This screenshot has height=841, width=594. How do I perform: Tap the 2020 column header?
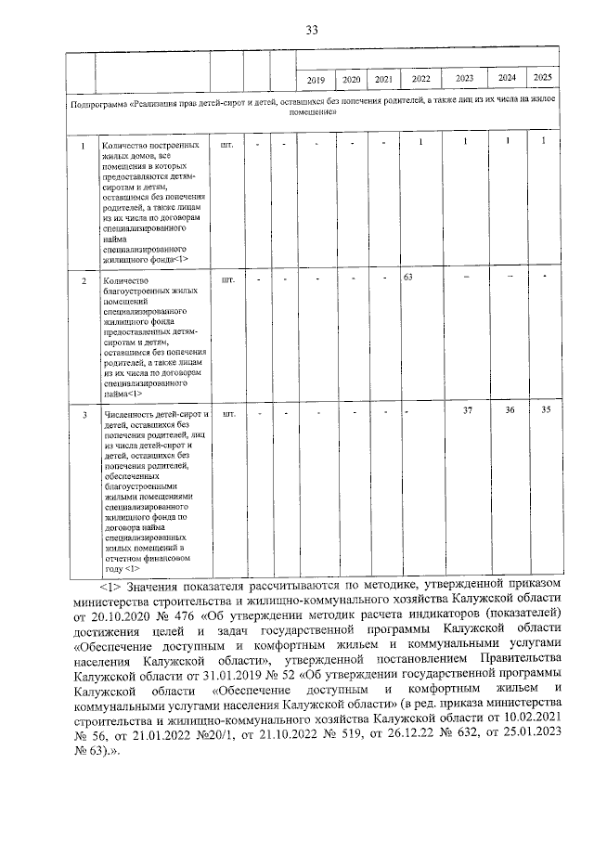point(352,81)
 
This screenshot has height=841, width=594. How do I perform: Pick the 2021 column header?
point(382,81)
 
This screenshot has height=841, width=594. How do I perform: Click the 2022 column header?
point(420,81)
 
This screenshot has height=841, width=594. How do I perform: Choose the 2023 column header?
point(465,80)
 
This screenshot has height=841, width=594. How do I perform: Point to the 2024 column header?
point(508,78)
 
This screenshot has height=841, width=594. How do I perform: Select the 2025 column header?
point(544,78)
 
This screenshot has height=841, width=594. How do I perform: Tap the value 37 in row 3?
point(468,411)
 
